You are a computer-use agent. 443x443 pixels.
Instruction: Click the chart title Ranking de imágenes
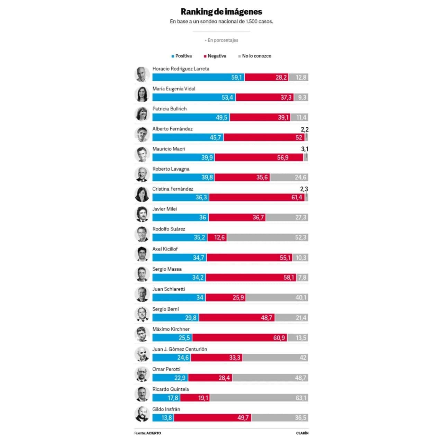pos(221,12)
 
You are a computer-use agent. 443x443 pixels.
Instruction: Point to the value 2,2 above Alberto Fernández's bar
pos(305,130)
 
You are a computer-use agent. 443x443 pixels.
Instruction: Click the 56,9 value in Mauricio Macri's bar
pos(282,158)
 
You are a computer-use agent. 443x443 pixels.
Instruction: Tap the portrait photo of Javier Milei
pos(142,214)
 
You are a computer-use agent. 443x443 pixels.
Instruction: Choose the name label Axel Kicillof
pos(165,249)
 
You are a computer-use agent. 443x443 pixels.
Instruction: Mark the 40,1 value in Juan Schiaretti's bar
pos(301,298)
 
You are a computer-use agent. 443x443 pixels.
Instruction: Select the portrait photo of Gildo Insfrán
pos(142,414)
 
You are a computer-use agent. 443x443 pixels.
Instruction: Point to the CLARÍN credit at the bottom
pos(302,433)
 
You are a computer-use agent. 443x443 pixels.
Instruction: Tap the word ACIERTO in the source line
pos(154,433)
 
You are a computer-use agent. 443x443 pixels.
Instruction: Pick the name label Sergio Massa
pos(167,269)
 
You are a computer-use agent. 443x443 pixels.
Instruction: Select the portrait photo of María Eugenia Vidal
pos(142,94)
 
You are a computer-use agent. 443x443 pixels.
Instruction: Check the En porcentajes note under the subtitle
pos(222,40)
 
